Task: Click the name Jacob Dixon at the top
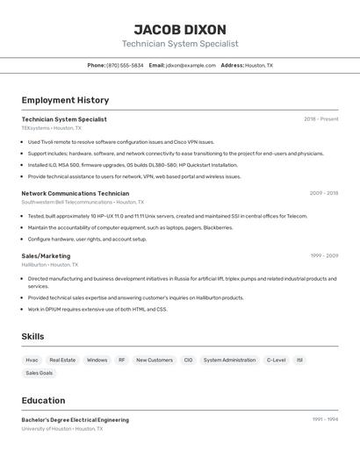(180, 29)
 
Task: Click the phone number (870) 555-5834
(125, 65)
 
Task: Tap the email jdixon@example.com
(191, 65)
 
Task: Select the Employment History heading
(65, 100)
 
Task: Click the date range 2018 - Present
(320, 119)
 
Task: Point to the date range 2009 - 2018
(323, 193)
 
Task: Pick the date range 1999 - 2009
(323, 256)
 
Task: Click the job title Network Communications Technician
(75, 193)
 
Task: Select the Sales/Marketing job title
(46, 256)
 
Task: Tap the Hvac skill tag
(32, 360)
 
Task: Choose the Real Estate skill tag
(62, 360)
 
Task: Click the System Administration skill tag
(229, 360)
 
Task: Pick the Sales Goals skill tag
(39, 373)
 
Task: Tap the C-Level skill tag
(276, 360)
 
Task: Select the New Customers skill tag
(155, 360)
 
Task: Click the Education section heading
(43, 400)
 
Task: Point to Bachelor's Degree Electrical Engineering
(75, 420)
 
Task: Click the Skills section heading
(32, 336)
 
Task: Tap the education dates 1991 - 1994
(325, 419)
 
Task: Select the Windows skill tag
(97, 360)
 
